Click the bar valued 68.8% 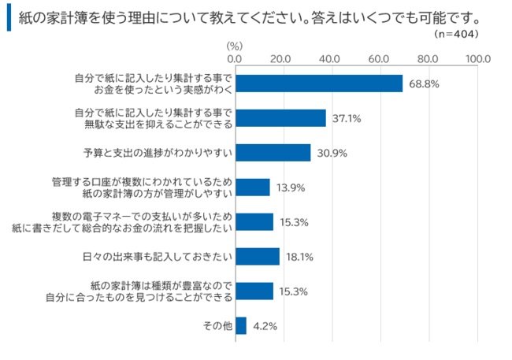coord(318,84)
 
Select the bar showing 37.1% coord(280,118)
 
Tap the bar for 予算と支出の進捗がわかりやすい coord(273,153)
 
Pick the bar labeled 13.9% coord(252,187)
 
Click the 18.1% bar coord(257,257)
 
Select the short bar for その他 coord(240,325)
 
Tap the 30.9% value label coord(332,153)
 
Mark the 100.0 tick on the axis coord(477,59)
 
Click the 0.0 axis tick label coord(235,59)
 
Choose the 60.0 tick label coord(380,59)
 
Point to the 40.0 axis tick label coord(332,59)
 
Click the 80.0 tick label coord(429,59)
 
